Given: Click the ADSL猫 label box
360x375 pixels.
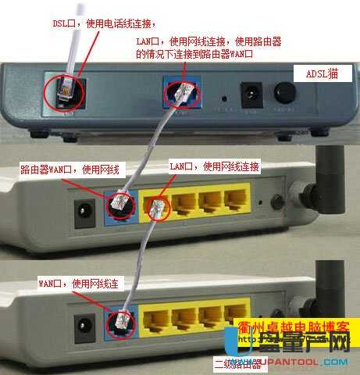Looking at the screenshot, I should (x=319, y=73).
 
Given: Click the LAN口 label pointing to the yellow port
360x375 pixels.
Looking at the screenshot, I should (x=216, y=167).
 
